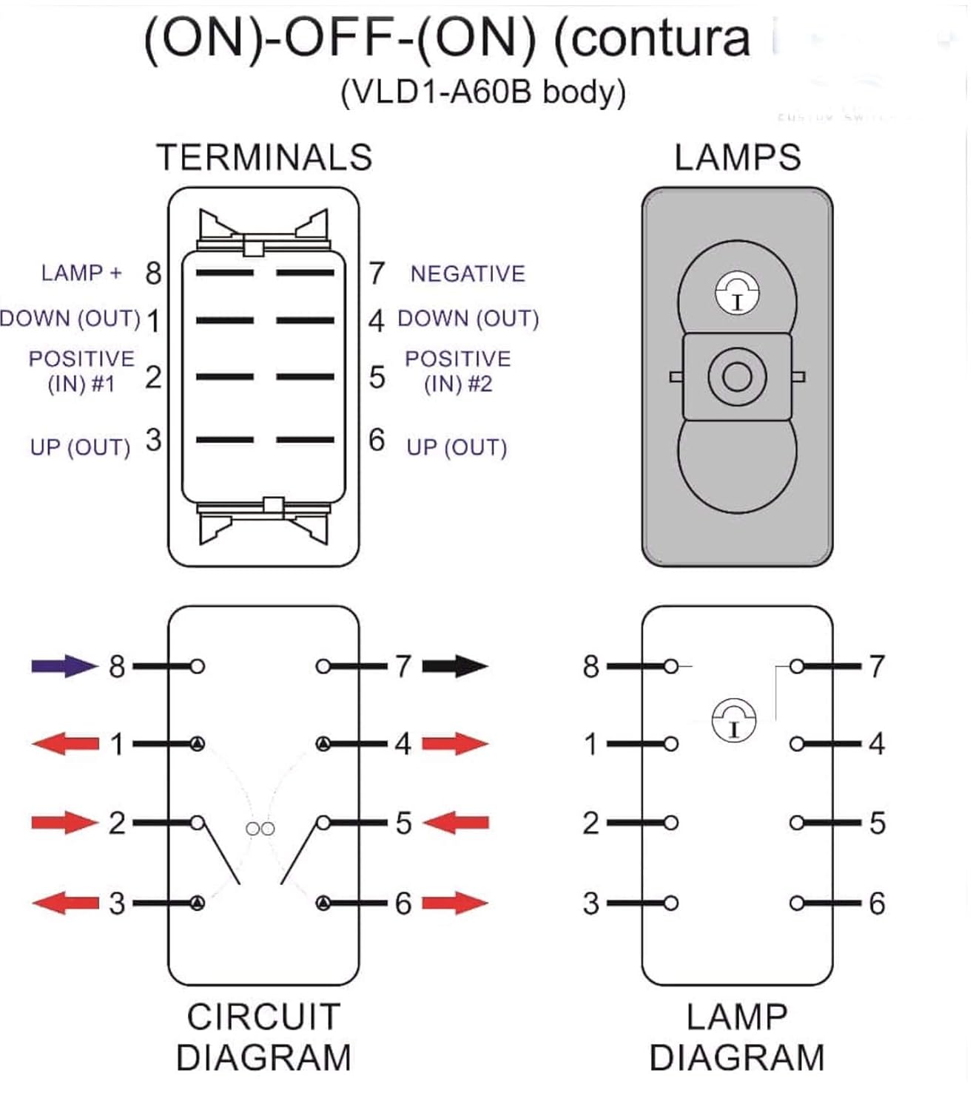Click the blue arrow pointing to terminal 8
pos(64,666)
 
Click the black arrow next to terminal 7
pos(455,666)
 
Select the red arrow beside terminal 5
pos(455,822)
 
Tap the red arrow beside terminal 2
pos(64,822)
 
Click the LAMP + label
pos(81,273)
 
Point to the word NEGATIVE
pos(468,274)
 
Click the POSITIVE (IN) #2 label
pos(457,371)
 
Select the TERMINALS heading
pos(264,157)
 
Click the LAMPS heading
pos(737,157)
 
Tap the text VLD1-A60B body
pos(483,92)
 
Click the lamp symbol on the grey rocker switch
pos(737,294)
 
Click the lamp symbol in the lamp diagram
pos(733,719)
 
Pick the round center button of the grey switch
pos(736,377)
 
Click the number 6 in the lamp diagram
pos(877,903)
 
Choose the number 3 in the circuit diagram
pos(117,903)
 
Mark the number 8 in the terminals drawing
pos(153,274)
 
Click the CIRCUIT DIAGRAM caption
pos(263,1037)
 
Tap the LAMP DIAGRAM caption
pos(737,1037)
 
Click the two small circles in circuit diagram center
pos(260,829)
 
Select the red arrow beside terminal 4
pos(455,743)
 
